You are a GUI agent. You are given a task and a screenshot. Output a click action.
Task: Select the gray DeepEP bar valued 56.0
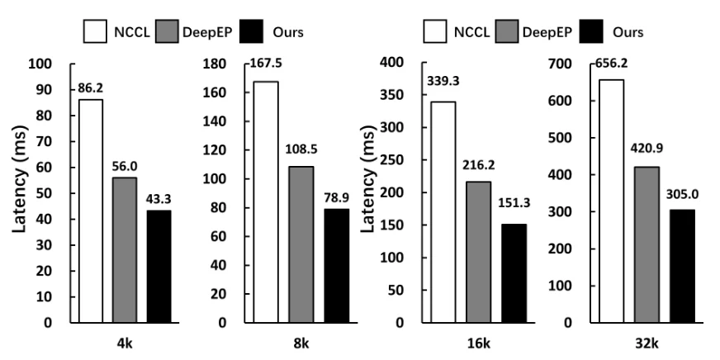(x=124, y=249)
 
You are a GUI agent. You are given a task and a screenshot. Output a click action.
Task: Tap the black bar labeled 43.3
(x=159, y=266)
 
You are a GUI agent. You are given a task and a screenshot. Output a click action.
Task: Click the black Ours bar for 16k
(x=513, y=272)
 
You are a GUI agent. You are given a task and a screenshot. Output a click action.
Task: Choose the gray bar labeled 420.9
(x=647, y=244)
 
